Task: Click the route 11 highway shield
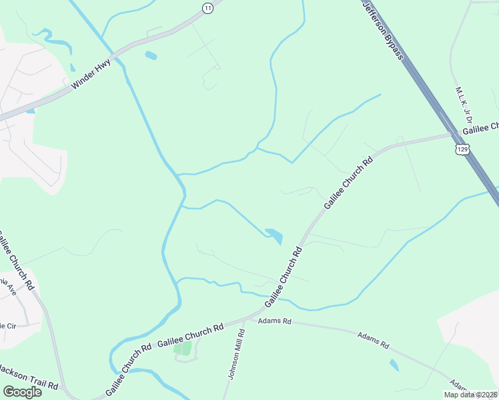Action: pos(208,7)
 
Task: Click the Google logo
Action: pos(22,391)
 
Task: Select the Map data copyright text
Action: pos(470,395)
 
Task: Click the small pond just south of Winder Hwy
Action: pos(150,55)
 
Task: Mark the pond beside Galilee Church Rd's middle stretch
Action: pos(275,235)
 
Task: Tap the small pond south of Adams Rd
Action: pos(394,365)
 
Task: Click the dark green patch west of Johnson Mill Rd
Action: pos(182,348)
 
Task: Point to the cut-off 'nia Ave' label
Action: pos(8,287)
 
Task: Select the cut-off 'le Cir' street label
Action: pos(7,325)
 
